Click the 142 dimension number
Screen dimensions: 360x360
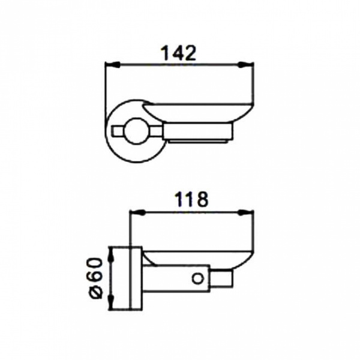click(179, 53)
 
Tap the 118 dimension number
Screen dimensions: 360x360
click(191, 199)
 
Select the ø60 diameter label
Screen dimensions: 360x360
click(96, 278)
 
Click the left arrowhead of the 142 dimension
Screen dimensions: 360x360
click(112, 65)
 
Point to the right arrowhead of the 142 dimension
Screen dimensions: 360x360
click(246, 65)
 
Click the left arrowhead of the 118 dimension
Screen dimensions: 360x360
click(137, 213)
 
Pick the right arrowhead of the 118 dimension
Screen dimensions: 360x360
click(246, 213)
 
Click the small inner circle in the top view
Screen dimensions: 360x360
click(136, 131)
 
